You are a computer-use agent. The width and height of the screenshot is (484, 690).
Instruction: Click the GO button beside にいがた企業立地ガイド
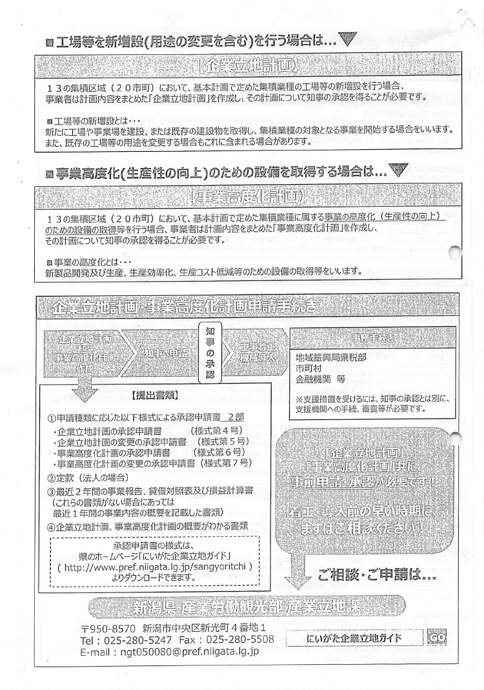[x=436, y=638]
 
